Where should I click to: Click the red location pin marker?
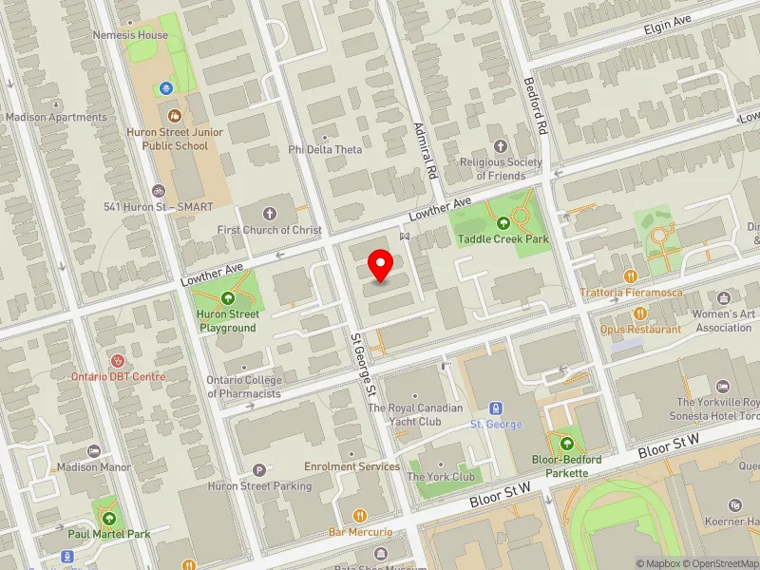[381, 265]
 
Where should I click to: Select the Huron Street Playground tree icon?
[228, 298]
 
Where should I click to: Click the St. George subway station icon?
[496, 407]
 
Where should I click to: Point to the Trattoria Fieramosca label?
[633, 293]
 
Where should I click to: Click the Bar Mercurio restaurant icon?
[360, 515]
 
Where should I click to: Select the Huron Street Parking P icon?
[259, 469]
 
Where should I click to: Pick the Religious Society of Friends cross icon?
[501, 145]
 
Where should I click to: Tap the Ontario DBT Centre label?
[118, 376]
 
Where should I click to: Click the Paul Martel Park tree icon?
[109, 519]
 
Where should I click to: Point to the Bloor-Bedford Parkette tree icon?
[567, 443]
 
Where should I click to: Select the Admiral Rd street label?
[426, 151]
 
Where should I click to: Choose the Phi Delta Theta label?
[326, 150]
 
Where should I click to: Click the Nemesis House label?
[130, 35]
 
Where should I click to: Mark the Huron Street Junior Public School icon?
[175, 115]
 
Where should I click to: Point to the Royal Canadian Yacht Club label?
[416, 414]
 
